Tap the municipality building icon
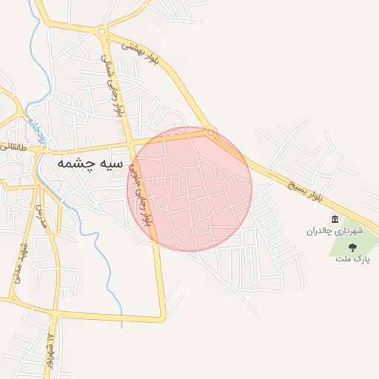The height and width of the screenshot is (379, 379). click(x=335, y=219)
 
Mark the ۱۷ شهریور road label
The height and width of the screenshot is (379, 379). click(x=50, y=348)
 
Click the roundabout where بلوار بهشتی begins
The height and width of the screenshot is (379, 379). click(x=101, y=31)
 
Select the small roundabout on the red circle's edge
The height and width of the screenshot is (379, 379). click(x=211, y=133)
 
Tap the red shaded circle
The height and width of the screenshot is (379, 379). click(x=190, y=189)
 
